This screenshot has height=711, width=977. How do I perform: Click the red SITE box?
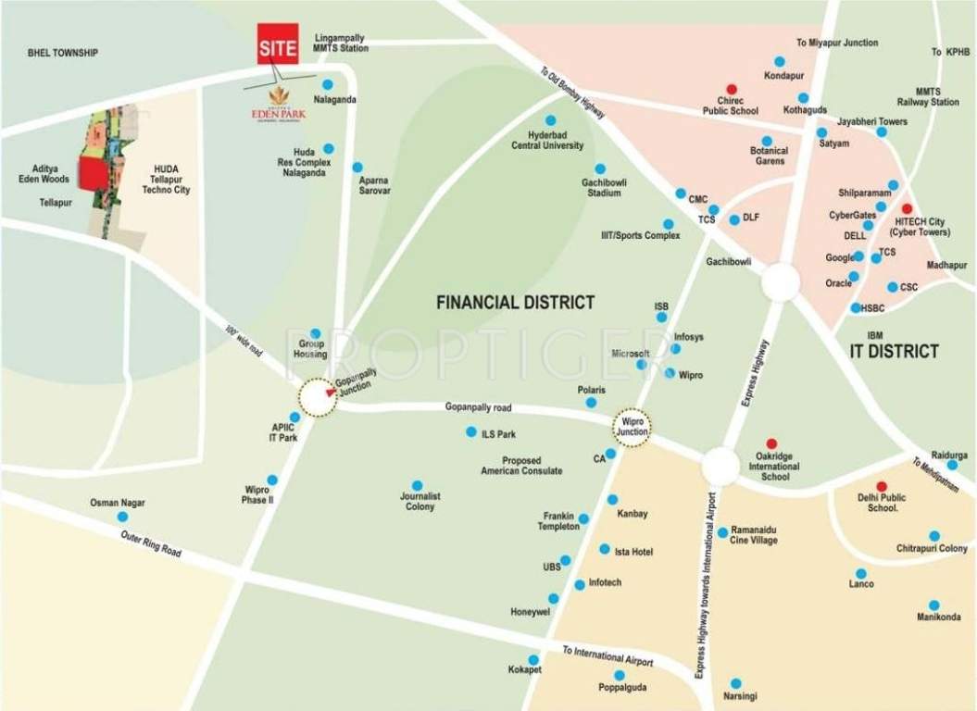click(278, 44)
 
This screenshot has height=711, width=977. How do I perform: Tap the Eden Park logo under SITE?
click(278, 102)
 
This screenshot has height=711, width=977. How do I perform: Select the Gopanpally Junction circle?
click(318, 398)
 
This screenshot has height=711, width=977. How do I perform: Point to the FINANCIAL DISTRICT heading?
click(515, 303)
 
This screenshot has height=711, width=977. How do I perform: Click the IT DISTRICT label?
click(894, 351)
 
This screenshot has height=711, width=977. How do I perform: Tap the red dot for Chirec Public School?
click(732, 89)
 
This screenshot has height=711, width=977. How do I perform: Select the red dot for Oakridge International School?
click(771, 444)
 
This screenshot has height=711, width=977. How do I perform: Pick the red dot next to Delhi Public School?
click(882, 486)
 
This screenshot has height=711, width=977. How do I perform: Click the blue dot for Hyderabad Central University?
click(550, 120)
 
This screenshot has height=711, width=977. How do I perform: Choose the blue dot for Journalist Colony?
click(418, 485)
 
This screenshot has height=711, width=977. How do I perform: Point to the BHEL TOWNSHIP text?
click(63, 54)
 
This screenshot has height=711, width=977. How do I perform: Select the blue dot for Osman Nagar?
click(121, 517)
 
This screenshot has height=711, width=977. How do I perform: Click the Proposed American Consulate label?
click(521, 466)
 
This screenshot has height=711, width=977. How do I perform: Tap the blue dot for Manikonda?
click(933, 605)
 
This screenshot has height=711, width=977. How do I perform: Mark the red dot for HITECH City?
click(907, 209)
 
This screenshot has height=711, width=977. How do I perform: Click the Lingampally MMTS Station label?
click(341, 43)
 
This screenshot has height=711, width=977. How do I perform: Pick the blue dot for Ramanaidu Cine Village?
click(722, 532)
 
